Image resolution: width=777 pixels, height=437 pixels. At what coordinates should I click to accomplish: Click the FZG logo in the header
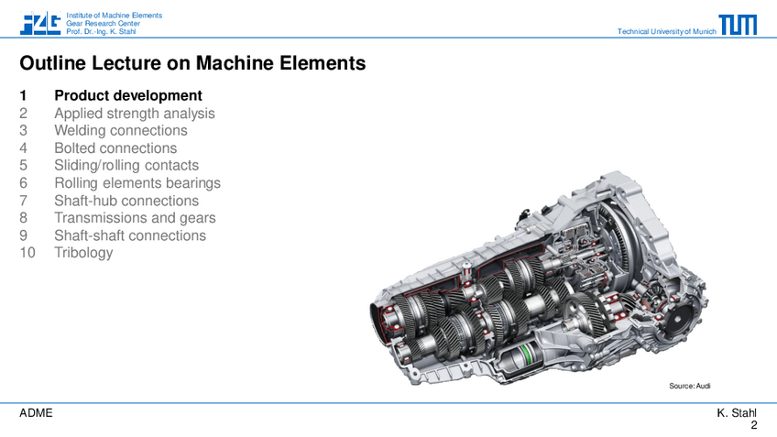40,23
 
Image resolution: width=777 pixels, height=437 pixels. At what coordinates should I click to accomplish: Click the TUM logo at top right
738,24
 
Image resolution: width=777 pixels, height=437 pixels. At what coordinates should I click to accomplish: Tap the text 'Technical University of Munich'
666,31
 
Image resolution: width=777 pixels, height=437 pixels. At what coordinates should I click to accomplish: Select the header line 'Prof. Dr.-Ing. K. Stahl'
101,31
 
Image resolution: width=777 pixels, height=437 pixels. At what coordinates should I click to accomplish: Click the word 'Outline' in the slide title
52,63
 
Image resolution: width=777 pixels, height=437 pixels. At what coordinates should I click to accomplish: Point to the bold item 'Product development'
128,95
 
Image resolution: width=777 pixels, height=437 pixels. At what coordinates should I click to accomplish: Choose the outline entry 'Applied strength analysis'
135,114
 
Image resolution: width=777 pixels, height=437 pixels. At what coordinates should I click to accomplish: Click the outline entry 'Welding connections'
121,130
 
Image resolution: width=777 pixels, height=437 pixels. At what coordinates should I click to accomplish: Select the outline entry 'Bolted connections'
115,147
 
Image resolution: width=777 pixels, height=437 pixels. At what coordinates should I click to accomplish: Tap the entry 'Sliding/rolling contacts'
126,166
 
